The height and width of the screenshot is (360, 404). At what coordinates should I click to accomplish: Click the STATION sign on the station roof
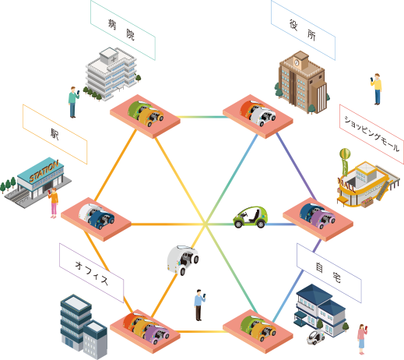[x=44, y=171]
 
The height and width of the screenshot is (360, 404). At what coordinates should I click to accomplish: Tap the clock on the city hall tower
[x=297, y=62]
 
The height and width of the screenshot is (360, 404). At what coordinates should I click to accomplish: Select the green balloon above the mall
[x=345, y=154]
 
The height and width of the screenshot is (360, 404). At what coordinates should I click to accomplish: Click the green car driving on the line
[x=251, y=217]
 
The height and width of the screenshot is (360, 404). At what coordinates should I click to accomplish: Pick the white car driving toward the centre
[x=183, y=259]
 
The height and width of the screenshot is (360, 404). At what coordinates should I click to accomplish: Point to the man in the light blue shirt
[x=199, y=305]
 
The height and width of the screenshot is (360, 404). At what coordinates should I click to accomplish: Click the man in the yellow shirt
[x=377, y=89]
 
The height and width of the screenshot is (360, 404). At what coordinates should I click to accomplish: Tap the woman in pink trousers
[x=54, y=203]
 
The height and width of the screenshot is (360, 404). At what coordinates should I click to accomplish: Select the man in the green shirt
[x=73, y=102]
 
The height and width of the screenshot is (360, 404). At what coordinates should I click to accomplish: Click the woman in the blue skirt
[x=362, y=339]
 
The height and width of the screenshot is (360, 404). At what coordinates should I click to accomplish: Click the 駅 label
[x=55, y=134]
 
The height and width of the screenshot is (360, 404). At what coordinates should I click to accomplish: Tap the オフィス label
[x=91, y=273]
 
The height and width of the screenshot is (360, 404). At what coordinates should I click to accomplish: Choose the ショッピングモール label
[x=371, y=134]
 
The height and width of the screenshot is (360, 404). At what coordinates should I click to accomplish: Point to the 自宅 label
[x=329, y=273]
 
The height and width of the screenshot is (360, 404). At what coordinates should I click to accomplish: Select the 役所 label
[x=303, y=30]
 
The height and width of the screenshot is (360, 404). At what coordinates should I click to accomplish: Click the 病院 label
[x=123, y=30]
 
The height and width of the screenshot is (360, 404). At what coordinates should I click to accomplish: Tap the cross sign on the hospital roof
[x=114, y=59]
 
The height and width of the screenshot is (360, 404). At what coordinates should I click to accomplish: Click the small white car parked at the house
[x=315, y=337]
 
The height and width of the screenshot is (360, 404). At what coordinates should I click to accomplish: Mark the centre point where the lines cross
[x=206, y=224]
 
